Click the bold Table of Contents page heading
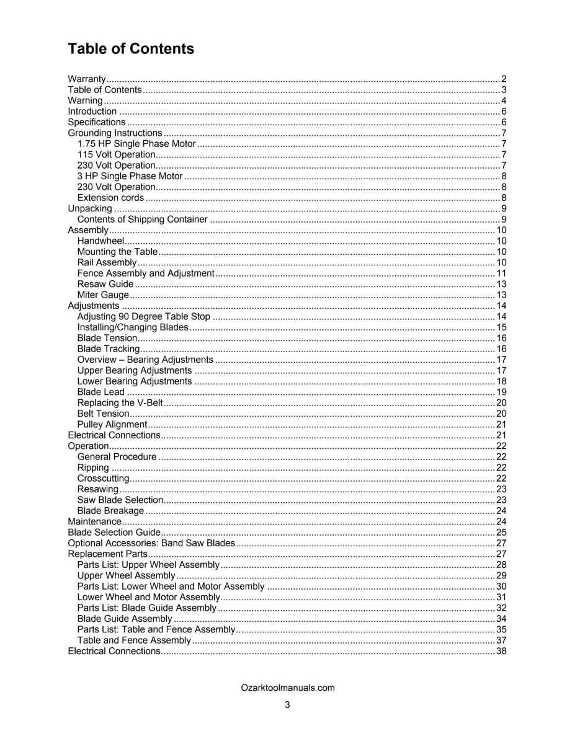131,49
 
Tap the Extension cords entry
110,198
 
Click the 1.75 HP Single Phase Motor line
136,144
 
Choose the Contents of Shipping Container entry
143,219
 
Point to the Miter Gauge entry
103,295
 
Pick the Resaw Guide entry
105,284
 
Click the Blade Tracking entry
109,349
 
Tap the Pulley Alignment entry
112,425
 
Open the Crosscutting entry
104,479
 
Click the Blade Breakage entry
110,511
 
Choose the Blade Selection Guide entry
114,533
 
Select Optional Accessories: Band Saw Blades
151,543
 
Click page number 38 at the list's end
501,651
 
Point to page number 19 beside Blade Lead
501,392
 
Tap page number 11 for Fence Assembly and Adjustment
501,273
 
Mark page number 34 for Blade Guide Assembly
501,619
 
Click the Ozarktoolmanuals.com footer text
288,688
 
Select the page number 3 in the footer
288,704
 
